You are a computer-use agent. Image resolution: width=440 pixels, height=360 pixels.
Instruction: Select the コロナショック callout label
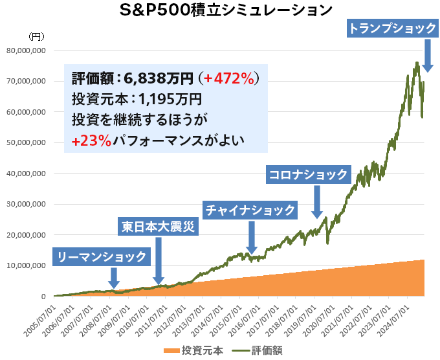coord(309,174)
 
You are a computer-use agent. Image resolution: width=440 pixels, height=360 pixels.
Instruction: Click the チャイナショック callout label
coord(250,210)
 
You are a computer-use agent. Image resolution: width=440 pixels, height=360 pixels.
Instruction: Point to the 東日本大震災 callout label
coord(158,227)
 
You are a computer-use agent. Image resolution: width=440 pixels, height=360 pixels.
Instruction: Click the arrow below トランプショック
coord(427,56)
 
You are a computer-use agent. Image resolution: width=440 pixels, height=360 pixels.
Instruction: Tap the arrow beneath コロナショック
coord(317,202)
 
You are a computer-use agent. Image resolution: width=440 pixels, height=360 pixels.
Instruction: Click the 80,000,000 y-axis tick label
coord(25,50)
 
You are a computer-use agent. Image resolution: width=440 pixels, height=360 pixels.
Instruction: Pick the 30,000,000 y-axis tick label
coord(25,204)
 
